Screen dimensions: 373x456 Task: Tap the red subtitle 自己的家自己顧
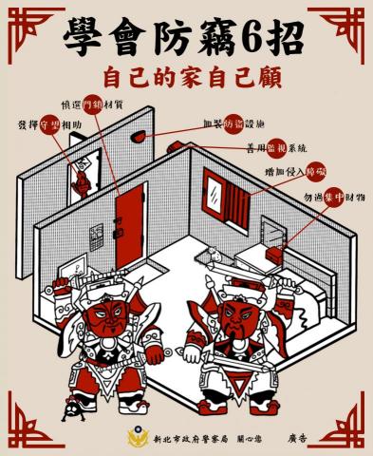[186, 76]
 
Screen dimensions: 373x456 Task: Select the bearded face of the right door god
[233, 318]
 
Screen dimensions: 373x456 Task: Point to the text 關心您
[252, 440]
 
